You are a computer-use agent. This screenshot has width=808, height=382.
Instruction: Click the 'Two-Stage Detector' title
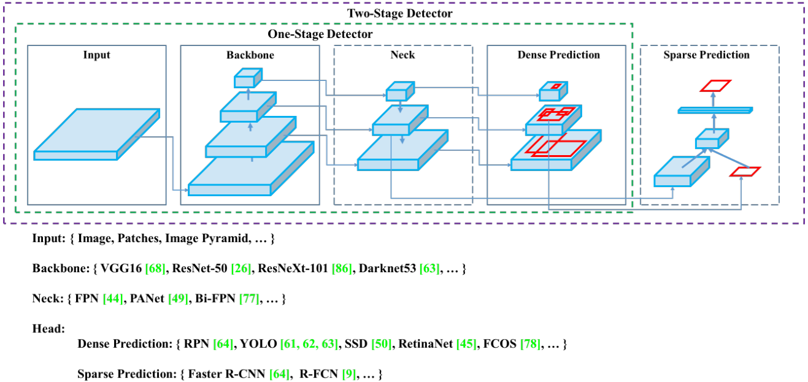pyautogui.click(x=400, y=13)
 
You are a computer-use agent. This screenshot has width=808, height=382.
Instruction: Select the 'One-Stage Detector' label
pyautogui.click(x=320, y=34)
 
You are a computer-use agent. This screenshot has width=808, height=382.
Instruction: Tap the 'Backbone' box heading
pyautogui.click(x=250, y=55)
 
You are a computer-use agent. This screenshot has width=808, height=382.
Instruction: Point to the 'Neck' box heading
pyautogui.click(x=402, y=55)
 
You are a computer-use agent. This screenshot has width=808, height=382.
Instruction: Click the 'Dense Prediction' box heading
pyautogui.click(x=558, y=55)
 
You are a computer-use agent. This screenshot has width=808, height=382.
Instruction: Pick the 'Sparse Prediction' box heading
pyautogui.click(x=706, y=55)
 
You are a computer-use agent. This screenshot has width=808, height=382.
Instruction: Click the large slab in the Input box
pyautogui.click(x=97, y=134)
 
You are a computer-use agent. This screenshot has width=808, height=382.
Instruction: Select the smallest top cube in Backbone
pyautogui.click(x=247, y=78)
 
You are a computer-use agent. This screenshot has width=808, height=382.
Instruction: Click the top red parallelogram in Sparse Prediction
pyautogui.click(x=717, y=85)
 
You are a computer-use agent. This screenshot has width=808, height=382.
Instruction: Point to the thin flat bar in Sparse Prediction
pyautogui.click(x=715, y=110)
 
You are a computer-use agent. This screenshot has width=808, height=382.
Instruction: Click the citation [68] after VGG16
pyautogui.click(x=156, y=269)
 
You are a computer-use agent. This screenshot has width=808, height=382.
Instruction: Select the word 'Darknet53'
pyautogui.click(x=388, y=269)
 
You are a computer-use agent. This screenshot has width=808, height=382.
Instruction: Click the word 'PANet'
pyautogui.click(x=148, y=299)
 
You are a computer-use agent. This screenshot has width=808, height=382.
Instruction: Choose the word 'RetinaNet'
pyautogui.click(x=425, y=344)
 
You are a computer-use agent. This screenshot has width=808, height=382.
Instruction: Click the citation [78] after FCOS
pyautogui.click(x=530, y=344)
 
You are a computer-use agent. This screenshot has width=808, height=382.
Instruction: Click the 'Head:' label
pyautogui.click(x=48, y=329)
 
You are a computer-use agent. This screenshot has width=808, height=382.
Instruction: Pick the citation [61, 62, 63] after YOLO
pyautogui.click(x=309, y=344)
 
